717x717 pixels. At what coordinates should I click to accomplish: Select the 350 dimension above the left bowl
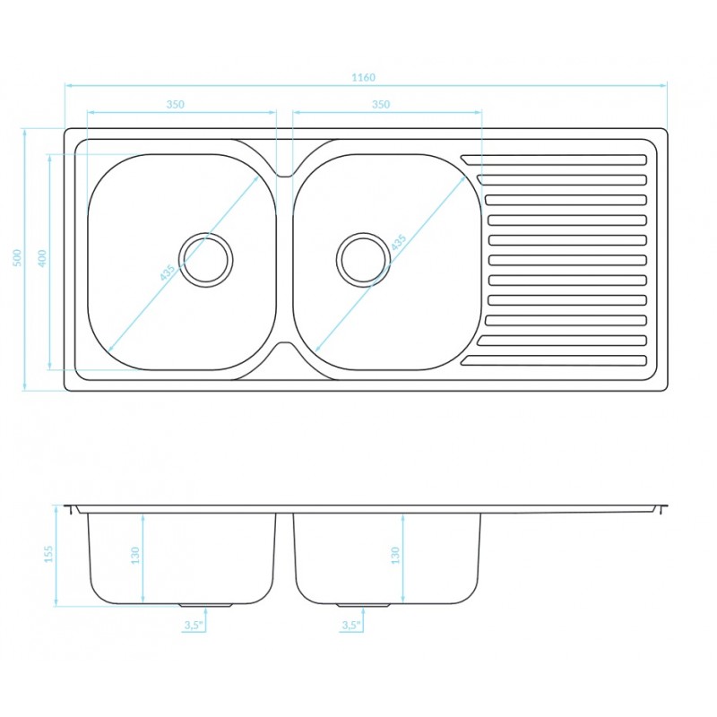175,104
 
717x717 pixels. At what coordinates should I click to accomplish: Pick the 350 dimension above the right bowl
381,104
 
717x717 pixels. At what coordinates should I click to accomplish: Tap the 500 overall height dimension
16,259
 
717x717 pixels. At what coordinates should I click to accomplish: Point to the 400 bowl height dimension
41,259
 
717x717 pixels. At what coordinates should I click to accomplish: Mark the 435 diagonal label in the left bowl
168,272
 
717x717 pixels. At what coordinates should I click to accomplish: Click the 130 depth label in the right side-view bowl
395,557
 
